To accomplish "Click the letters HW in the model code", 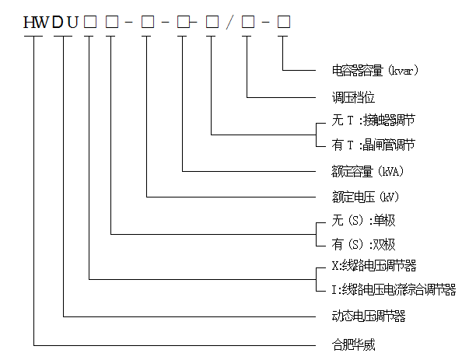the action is [36, 23].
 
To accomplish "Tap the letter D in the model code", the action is [58, 23].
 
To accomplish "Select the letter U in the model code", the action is [72, 23].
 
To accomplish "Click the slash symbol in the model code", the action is [229, 23].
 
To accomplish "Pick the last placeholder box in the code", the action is [284, 22].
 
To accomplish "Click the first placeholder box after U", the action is [90, 22].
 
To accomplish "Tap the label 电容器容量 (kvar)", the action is [375, 71].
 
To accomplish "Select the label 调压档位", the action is [353, 97].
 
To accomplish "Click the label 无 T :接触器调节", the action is [373, 121].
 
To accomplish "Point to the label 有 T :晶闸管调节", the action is [373, 145].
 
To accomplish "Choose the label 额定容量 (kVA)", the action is [368, 172].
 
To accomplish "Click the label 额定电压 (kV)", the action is [366, 197].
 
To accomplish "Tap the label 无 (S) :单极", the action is [363, 220].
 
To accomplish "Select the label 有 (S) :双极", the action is [363, 244].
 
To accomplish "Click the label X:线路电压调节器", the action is [374, 266].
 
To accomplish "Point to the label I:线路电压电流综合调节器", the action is [394, 290].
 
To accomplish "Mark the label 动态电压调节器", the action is [369, 316].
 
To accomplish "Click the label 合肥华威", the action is [353, 344].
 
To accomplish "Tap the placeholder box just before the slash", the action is [212, 22].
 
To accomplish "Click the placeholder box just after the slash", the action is [248, 22].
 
